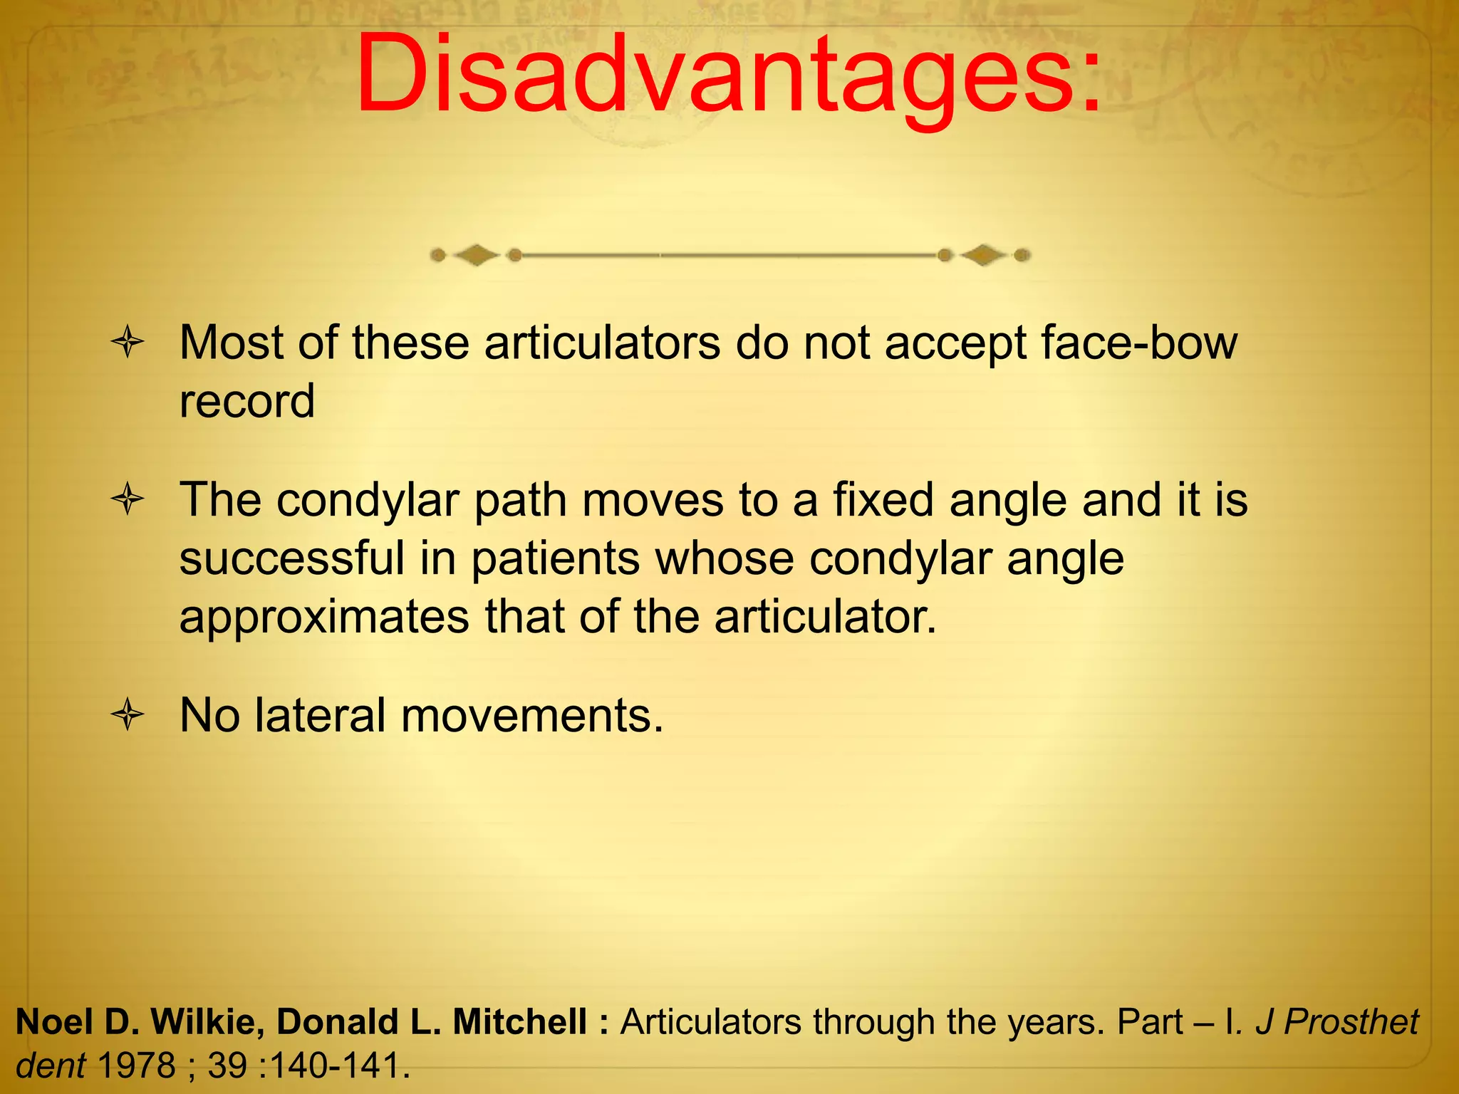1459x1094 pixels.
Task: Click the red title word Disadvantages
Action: tap(728, 75)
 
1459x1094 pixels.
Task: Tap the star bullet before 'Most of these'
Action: tap(128, 343)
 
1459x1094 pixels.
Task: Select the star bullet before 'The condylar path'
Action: tap(128, 499)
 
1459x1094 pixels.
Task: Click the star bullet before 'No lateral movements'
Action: tap(128, 714)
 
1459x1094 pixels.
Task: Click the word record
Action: tap(246, 401)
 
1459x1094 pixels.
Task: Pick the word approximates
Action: tap(324, 616)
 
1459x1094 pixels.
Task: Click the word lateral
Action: tap(320, 714)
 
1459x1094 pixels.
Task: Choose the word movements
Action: tap(531, 714)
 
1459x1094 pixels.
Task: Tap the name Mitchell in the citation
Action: tap(519, 1021)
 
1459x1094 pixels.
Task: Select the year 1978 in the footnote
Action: tap(135, 1066)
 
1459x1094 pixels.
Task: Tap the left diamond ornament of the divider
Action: tap(476, 255)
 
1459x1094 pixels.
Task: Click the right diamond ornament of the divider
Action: tap(983, 255)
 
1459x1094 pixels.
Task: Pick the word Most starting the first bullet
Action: tap(231, 343)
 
